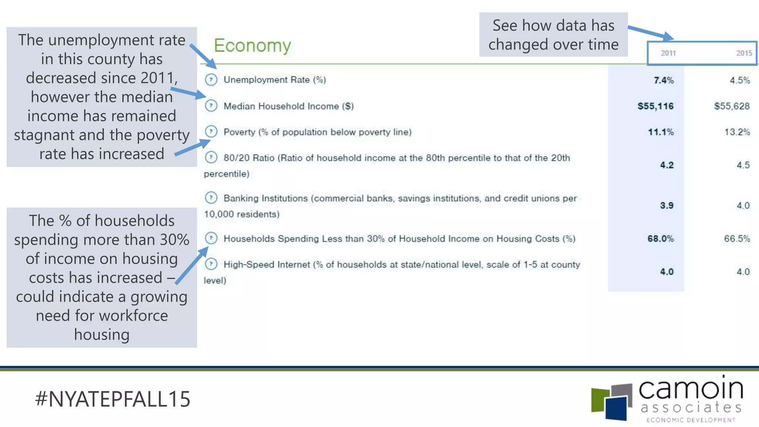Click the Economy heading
point(252,46)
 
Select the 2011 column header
point(668,53)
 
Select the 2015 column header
point(744,53)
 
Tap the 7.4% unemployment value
point(663,80)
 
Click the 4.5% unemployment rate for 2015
point(739,80)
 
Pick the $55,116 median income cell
point(655,106)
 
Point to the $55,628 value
point(732,106)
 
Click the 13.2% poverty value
point(737,132)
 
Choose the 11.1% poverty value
point(660,132)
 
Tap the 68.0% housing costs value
point(660,239)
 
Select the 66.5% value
point(737,239)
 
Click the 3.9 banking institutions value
point(666,206)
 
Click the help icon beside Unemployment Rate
point(211,80)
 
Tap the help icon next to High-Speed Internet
point(211,264)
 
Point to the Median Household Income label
point(288,106)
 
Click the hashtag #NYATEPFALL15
point(113,399)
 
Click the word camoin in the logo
point(691,389)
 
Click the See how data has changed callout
point(553,35)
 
